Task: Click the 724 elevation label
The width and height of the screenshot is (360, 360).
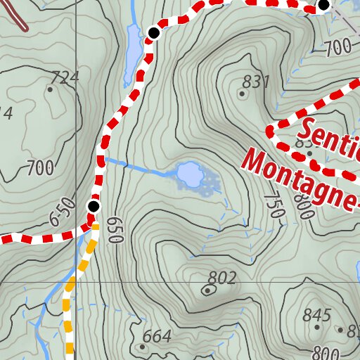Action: pos(65,77)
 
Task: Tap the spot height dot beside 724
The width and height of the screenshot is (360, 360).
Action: pos(50,89)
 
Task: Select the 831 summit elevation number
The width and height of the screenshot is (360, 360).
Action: pos(257,82)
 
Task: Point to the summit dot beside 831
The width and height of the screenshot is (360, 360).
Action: pos(242,93)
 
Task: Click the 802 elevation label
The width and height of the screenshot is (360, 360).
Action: pos(222,278)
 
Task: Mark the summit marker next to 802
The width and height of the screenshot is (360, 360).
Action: pos(207,289)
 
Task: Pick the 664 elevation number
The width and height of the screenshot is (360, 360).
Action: pos(157,337)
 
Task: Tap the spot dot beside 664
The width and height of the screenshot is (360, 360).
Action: pos(142,346)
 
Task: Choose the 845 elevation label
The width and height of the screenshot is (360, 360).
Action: pos(316,314)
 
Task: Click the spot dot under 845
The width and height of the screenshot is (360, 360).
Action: pos(317,327)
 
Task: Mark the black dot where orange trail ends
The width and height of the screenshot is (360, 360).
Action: pos(93,206)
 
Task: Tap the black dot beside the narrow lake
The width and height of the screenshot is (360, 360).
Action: pos(153,32)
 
